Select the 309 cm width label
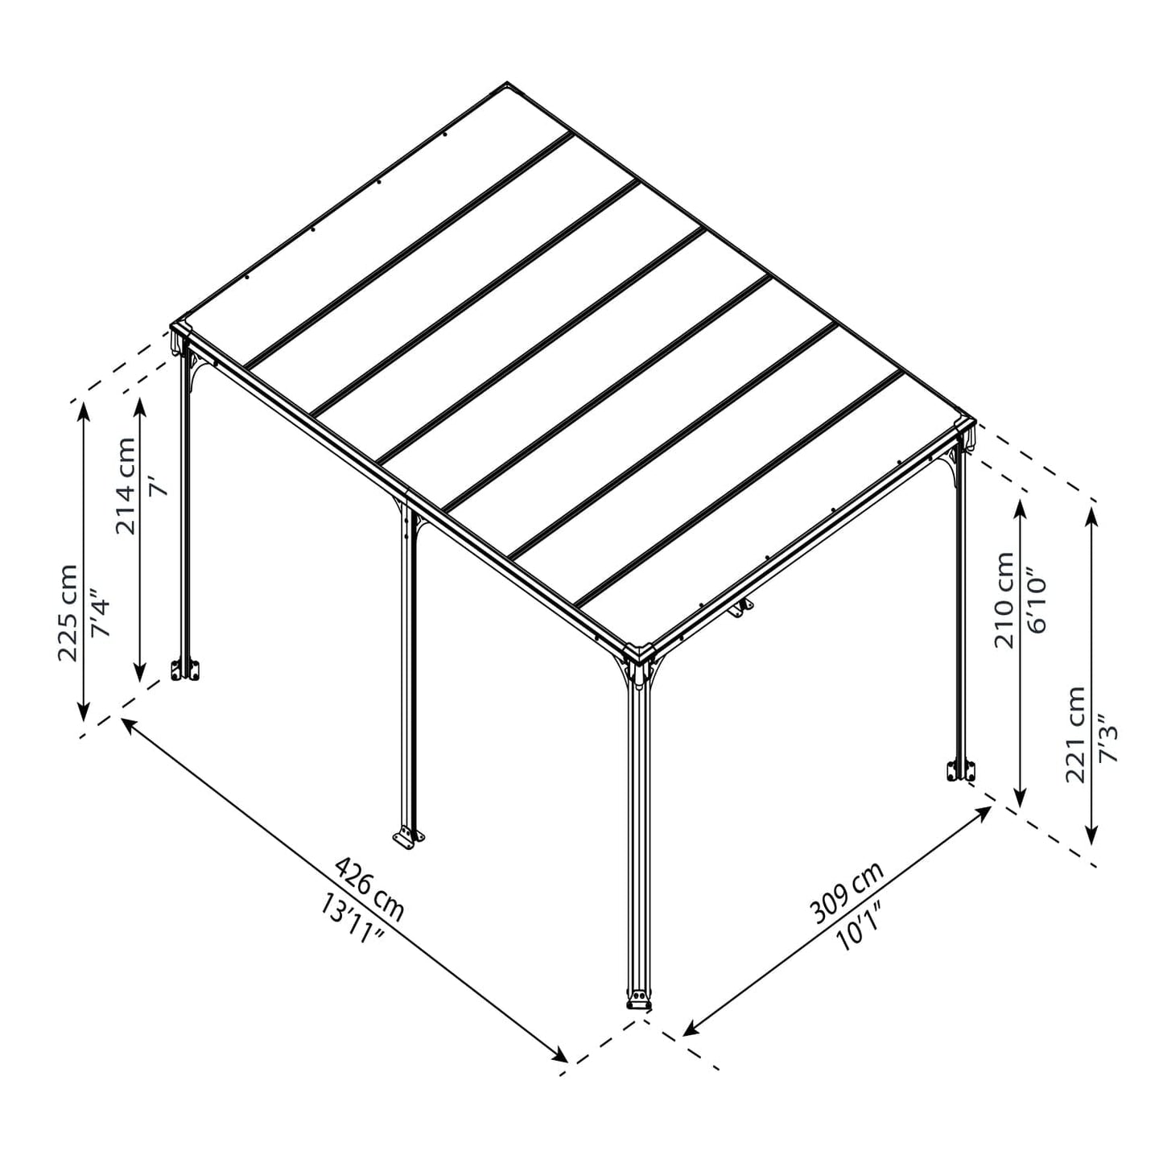coord(846,892)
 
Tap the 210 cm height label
coord(1004,600)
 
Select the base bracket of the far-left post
coord(186,670)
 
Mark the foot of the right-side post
coord(960,770)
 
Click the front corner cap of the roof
coord(640,651)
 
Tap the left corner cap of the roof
coord(180,332)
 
